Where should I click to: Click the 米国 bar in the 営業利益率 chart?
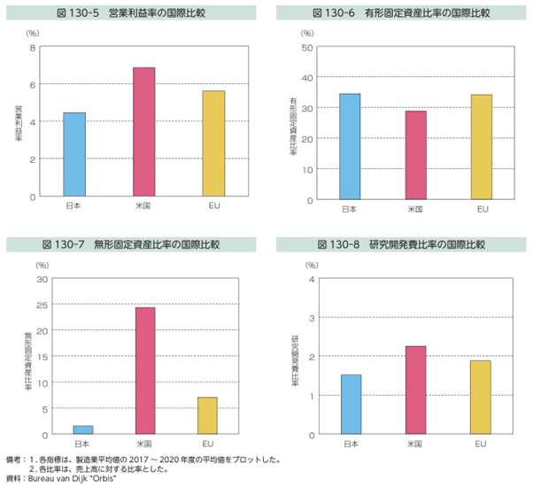[143, 132]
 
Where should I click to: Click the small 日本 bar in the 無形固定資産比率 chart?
[81, 430]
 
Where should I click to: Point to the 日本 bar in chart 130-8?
[351, 405]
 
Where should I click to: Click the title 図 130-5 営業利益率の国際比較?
[130, 14]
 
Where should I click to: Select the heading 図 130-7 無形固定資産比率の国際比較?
[130, 243]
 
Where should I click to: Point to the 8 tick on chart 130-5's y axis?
[32, 47]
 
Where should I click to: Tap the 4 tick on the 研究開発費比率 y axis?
[310, 280]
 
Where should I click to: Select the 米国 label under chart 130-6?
[415, 211]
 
